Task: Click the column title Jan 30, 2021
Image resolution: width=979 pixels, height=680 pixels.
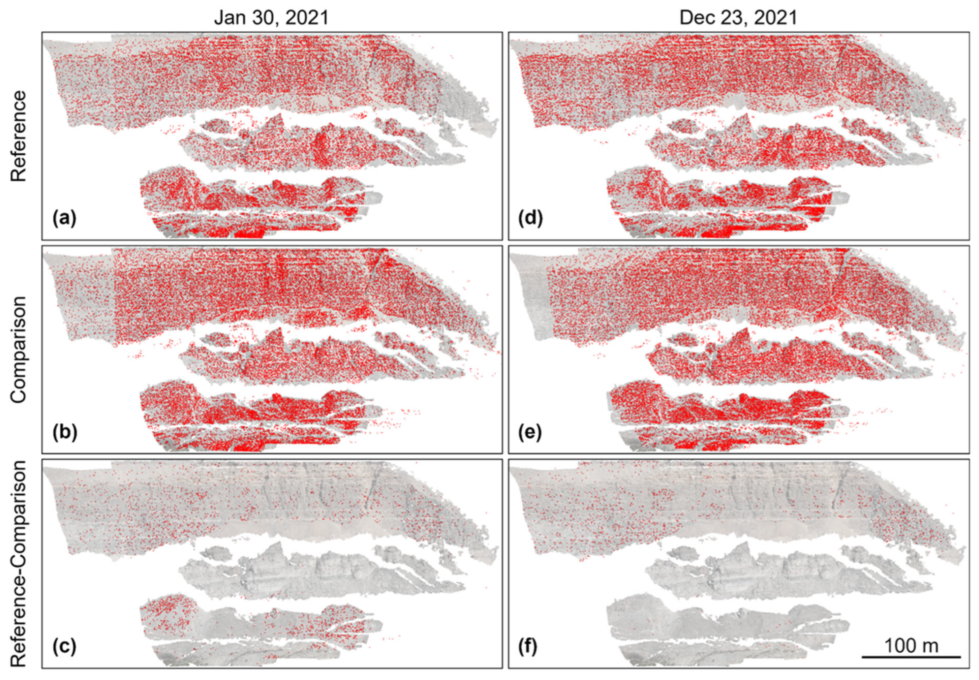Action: [271, 18]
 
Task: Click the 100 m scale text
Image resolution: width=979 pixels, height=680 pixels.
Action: [911, 646]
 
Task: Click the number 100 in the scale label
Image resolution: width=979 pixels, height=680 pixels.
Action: [901, 646]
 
